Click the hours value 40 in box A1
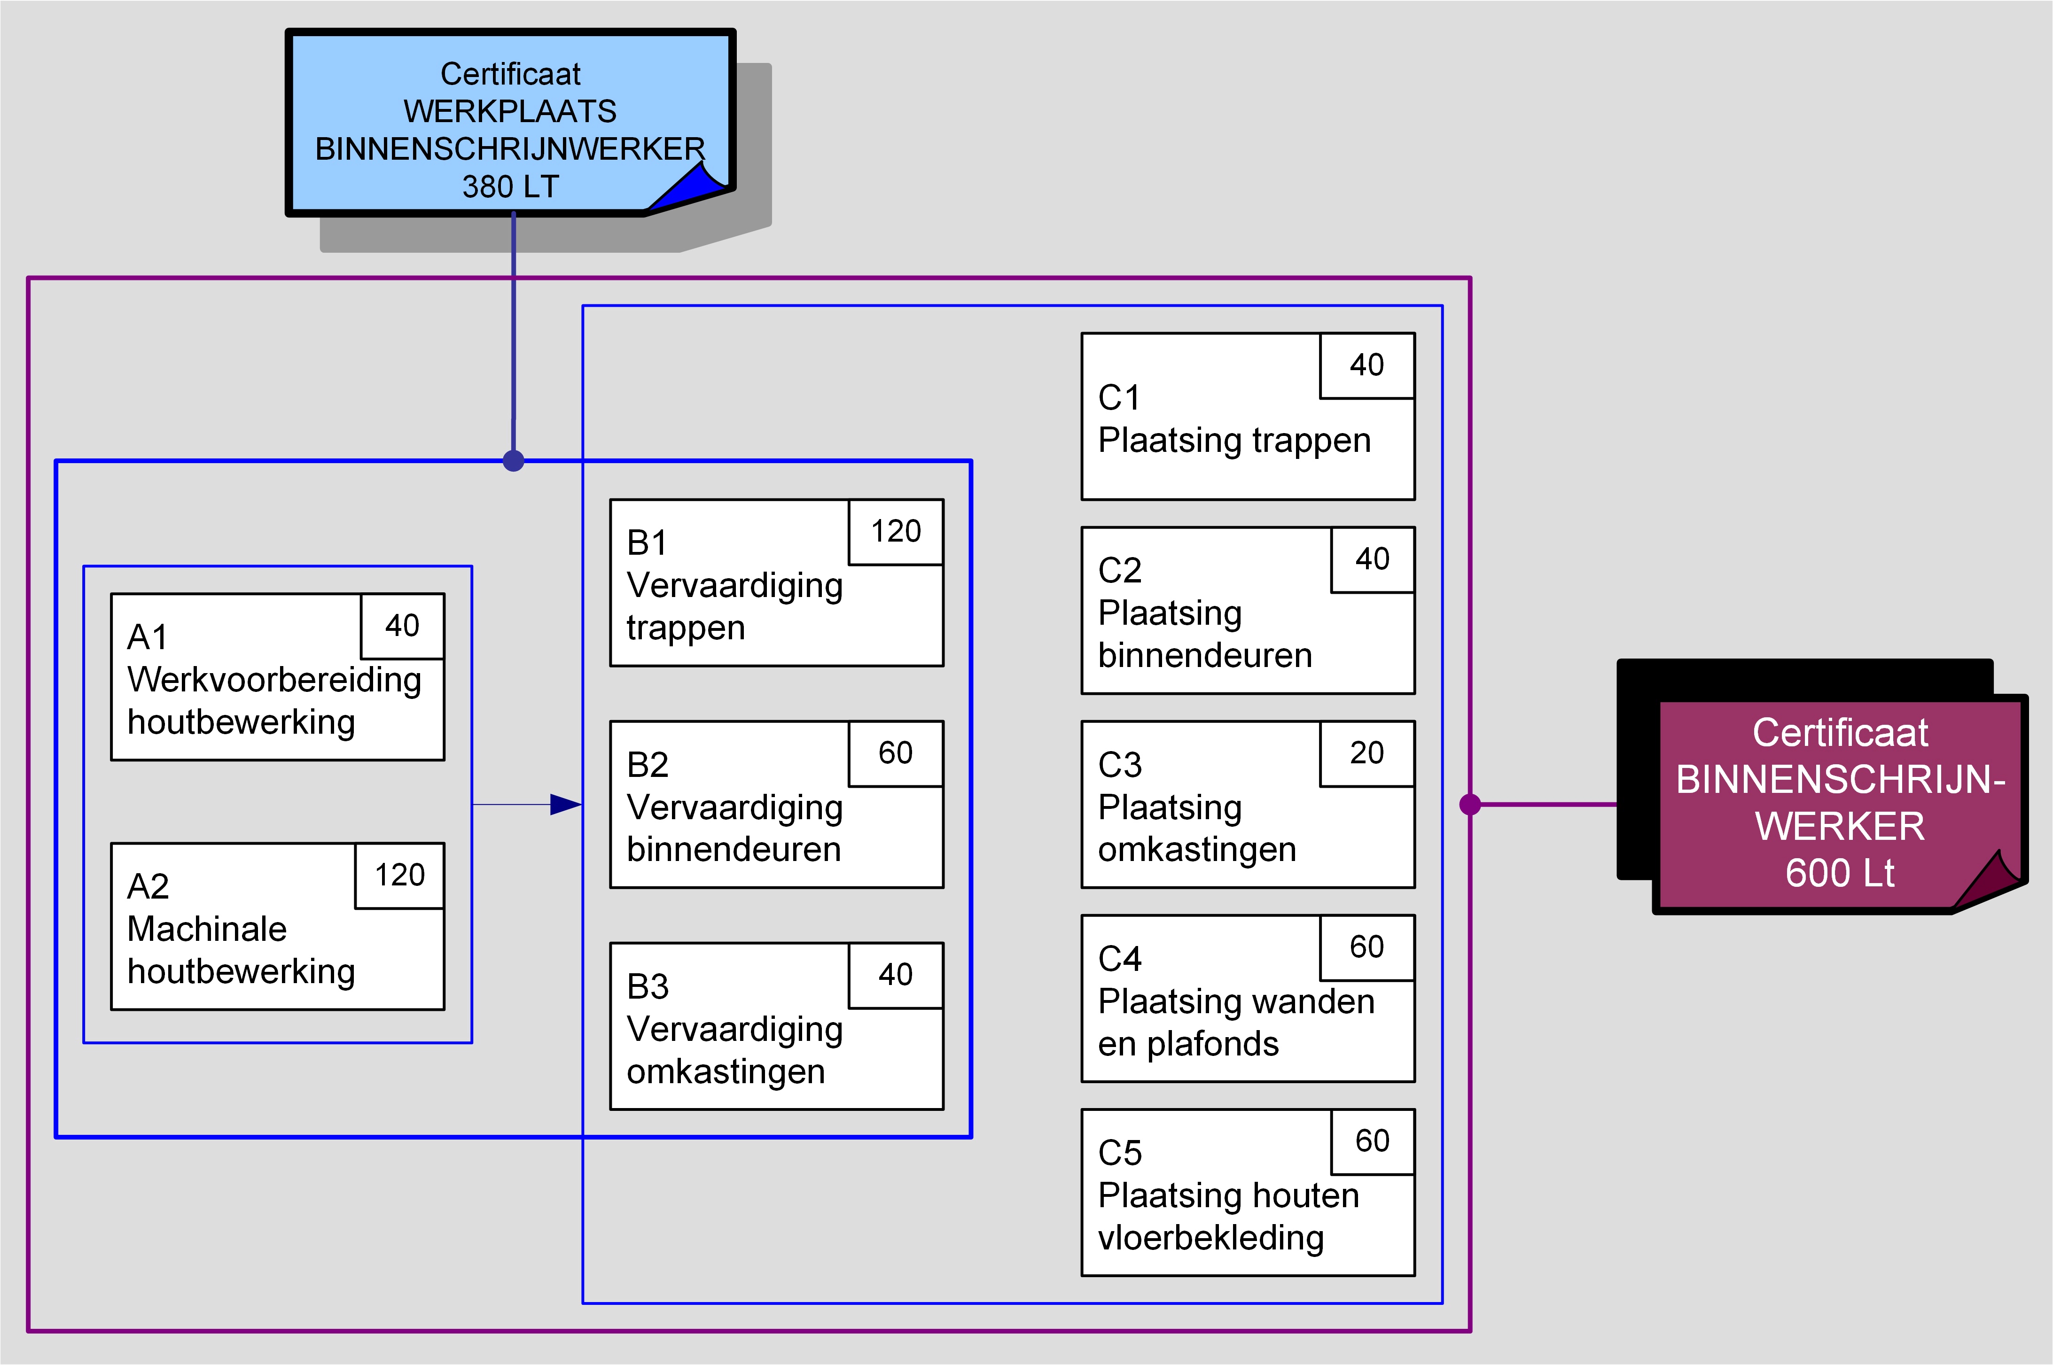(x=402, y=626)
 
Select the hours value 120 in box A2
(x=399, y=875)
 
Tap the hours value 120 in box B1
(x=896, y=531)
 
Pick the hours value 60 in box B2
(x=896, y=753)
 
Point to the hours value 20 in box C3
(x=1367, y=753)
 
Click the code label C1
(x=1119, y=398)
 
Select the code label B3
(x=648, y=987)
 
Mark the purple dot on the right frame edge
(x=1470, y=804)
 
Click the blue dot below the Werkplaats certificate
(x=514, y=460)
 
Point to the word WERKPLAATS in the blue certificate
(x=510, y=111)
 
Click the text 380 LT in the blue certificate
(x=510, y=186)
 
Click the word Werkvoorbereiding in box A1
(x=274, y=680)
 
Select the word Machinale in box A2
(x=207, y=930)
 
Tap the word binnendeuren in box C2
(x=1205, y=656)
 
